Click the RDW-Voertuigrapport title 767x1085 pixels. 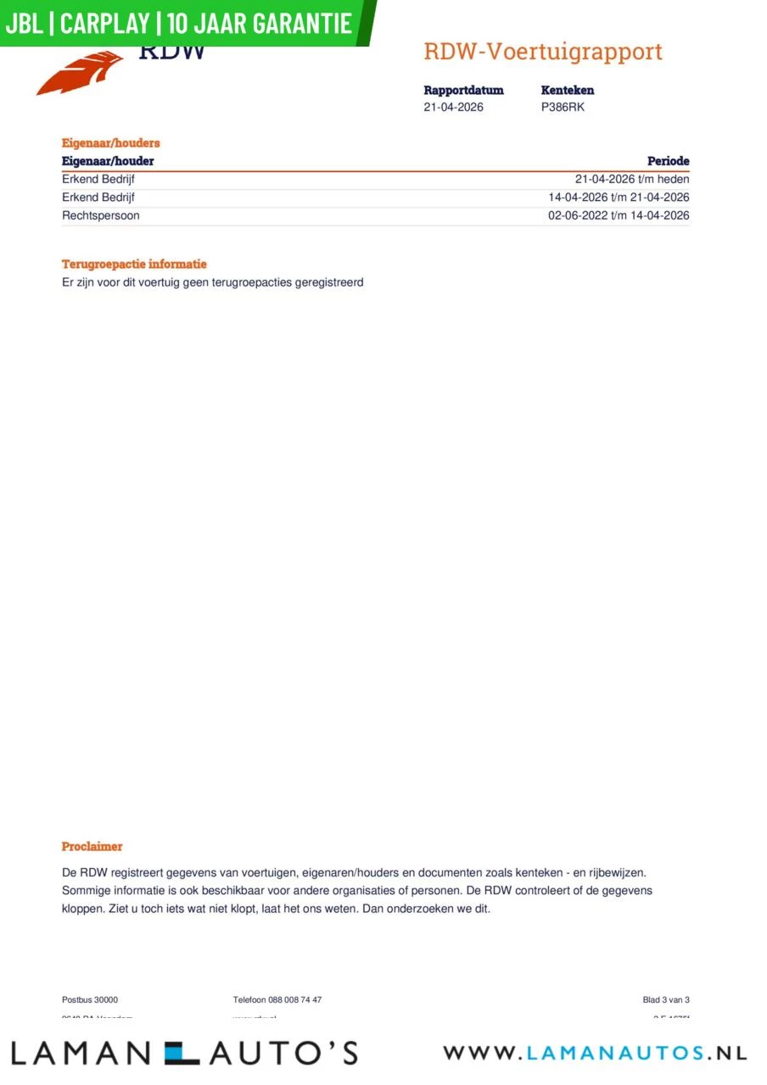point(543,52)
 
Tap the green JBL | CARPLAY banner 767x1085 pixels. point(180,23)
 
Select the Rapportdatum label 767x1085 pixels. point(463,90)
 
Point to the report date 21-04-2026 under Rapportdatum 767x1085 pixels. point(453,107)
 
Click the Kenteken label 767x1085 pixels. point(567,90)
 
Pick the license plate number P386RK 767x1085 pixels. point(563,107)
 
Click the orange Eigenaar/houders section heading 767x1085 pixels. point(110,143)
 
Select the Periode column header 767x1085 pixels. point(668,161)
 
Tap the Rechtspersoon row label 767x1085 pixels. point(101,215)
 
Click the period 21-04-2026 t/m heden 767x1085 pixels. point(632,179)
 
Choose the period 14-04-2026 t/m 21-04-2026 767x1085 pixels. point(619,198)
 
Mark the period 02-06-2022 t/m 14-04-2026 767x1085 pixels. point(619,215)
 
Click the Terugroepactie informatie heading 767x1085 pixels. point(134,264)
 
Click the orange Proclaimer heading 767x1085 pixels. point(92,846)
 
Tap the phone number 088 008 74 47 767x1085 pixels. point(294,1000)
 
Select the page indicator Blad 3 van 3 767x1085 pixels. point(666,1000)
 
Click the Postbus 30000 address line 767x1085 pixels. point(90,1000)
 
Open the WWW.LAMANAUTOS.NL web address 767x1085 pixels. point(595,1053)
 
